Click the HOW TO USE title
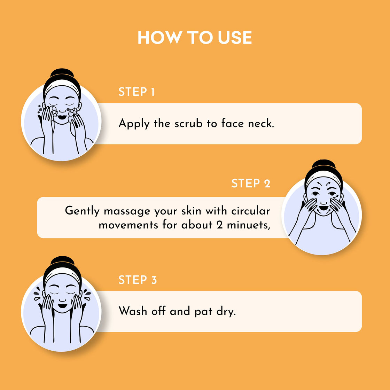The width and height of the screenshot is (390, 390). pyautogui.click(x=195, y=38)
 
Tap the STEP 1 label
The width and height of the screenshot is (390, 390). pyautogui.click(x=136, y=92)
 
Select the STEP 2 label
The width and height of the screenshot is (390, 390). pyautogui.click(x=251, y=183)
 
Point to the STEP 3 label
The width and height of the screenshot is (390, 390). pyautogui.click(x=138, y=280)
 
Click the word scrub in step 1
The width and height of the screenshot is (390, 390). pyautogui.click(x=188, y=123)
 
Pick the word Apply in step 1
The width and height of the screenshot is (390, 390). pyautogui.click(x=134, y=124)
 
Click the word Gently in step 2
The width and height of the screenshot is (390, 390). pyautogui.click(x=82, y=211)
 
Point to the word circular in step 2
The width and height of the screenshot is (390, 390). pyautogui.click(x=251, y=211)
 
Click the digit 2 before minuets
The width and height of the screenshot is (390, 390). pyautogui.click(x=219, y=225)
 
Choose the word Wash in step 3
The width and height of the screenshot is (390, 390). pyautogui.click(x=133, y=311)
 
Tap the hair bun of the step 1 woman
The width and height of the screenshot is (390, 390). pyautogui.click(x=62, y=73)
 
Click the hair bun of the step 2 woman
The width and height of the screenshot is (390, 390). pyautogui.click(x=323, y=164)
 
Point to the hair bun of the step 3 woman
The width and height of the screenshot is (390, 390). pyautogui.click(x=62, y=261)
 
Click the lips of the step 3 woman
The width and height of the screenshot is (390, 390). pyautogui.click(x=62, y=306)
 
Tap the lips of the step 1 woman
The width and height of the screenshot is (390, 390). pyautogui.click(x=62, y=117)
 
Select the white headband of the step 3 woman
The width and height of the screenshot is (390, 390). pyautogui.click(x=63, y=275)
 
